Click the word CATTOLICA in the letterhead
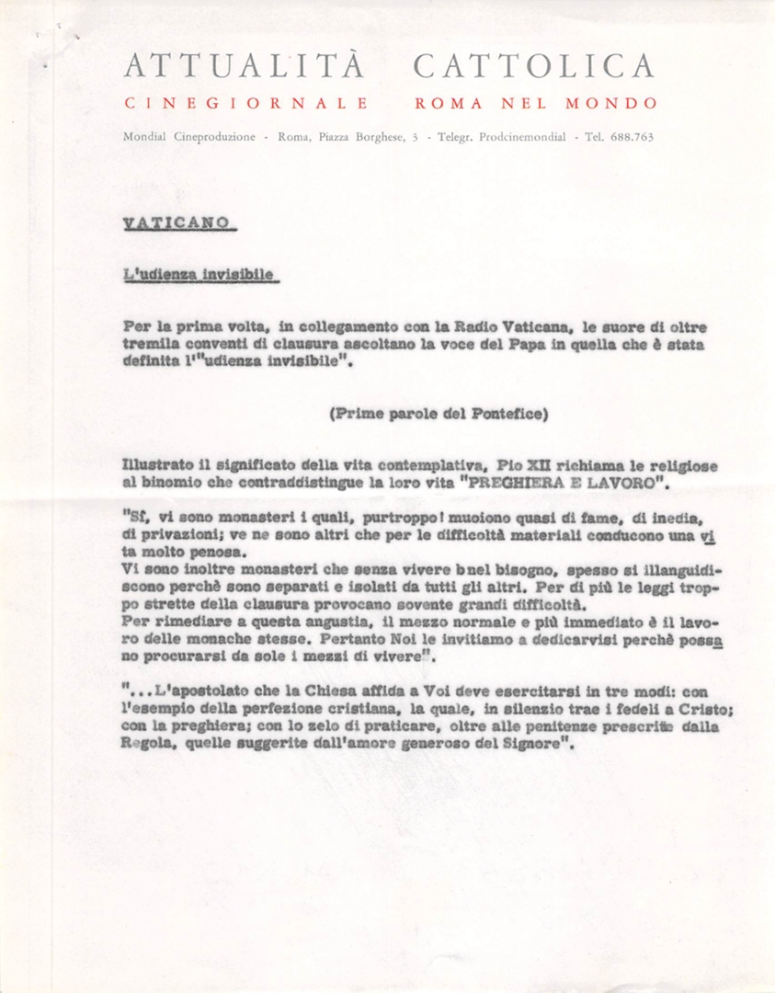tap(534, 66)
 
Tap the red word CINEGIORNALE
tap(246, 103)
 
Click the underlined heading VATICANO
tap(177, 223)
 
